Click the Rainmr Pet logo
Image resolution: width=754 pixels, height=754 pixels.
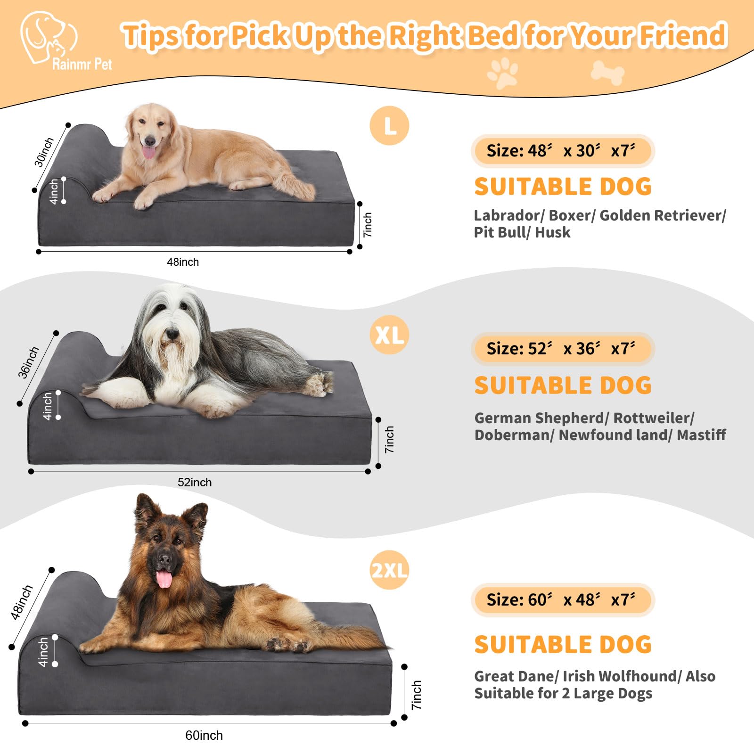click(49, 40)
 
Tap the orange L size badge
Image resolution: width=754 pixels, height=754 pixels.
click(389, 126)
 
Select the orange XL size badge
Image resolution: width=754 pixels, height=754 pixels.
click(389, 335)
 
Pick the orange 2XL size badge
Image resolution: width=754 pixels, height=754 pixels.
click(389, 570)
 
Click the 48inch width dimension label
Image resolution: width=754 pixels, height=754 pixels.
click(183, 262)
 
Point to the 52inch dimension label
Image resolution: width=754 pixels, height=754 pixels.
click(195, 483)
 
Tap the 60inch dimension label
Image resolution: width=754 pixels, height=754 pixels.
click(204, 736)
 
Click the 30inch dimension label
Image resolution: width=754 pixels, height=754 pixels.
click(44, 152)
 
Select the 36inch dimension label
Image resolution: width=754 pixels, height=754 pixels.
click(28, 362)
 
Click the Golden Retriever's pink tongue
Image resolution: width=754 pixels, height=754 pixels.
click(148, 152)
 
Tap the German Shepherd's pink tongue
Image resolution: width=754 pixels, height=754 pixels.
click(164, 579)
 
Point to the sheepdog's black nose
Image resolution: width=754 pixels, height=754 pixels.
click(172, 335)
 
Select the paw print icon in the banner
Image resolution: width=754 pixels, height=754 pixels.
click(503, 73)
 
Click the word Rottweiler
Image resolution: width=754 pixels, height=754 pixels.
click(653, 418)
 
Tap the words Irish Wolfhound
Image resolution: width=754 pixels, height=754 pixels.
click(620, 676)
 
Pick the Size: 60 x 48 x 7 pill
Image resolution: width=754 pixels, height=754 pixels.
click(563, 600)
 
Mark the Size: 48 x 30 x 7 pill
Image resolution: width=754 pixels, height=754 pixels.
click(563, 151)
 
